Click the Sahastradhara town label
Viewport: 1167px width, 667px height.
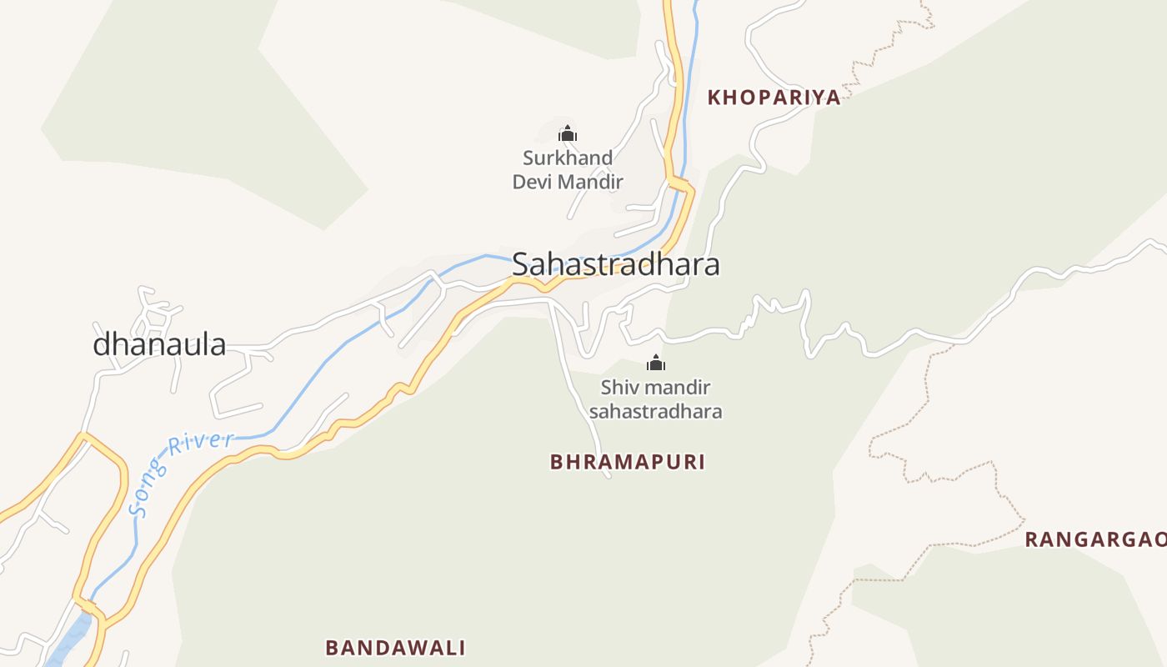(615, 264)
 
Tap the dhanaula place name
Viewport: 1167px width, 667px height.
(159, 344)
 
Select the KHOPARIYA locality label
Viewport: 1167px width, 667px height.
(774, 98)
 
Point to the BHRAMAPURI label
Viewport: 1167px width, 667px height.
(627, 462)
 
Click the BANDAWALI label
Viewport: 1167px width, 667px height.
(395, 648)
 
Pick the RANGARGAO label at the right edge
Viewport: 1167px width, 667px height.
(1094, 539)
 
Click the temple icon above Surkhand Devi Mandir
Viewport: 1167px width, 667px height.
(568, 133)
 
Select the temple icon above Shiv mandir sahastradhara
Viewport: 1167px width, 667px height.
(656, 363)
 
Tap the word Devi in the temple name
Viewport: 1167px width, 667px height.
(532, 182)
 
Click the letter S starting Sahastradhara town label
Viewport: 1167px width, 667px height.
(521, 264)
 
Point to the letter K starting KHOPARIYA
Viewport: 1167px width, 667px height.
(714, 98)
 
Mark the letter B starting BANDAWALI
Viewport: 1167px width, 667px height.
(332, 648)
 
